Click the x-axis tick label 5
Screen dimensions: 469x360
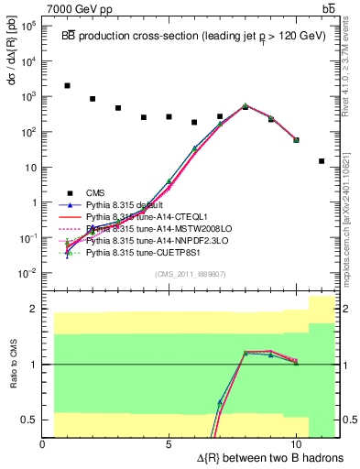click(169, 444)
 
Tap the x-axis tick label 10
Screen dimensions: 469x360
click(295, 444)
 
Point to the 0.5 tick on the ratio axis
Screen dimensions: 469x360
click(30, 420)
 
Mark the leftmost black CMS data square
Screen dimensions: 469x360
click(68, 85)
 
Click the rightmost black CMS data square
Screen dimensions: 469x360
click(322, 161)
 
